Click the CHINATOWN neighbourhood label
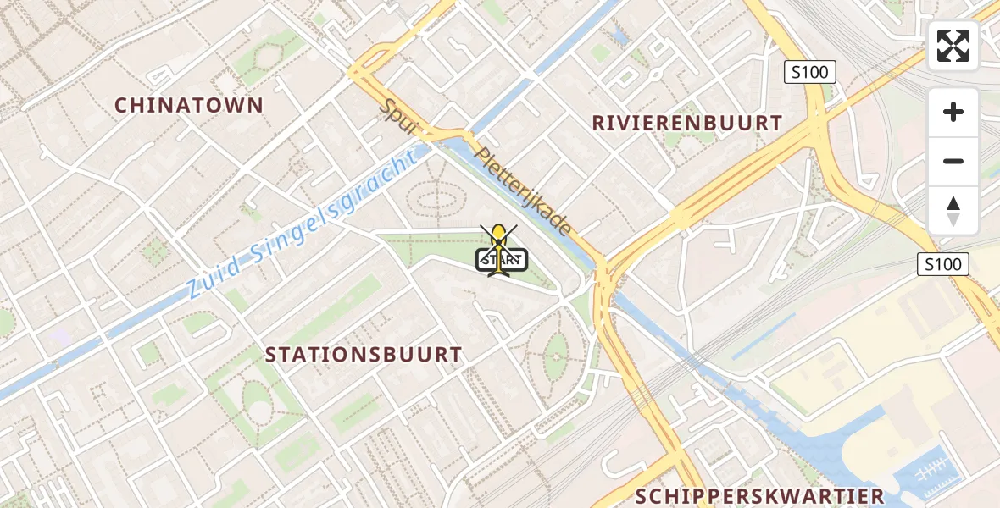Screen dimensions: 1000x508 pos(189,105)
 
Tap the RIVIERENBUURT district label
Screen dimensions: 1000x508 pos(686,123)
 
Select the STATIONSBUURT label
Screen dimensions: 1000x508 pos(364,355)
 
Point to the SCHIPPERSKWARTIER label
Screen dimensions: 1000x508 pos(759,496)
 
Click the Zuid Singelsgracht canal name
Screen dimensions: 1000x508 pos(303,224)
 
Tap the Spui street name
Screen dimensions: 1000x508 pos(399,119)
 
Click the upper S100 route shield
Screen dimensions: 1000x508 pos(809,72)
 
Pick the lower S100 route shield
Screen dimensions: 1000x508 pos(943,264)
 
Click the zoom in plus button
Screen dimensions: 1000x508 pos(953,112)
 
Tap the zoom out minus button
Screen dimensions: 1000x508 pos(953,161)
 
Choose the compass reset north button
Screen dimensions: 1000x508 pos(953,210)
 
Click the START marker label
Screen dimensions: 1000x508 pos(503,261)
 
